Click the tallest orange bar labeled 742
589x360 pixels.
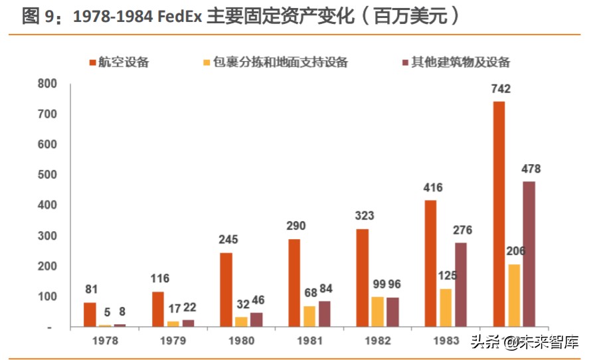(499, 214)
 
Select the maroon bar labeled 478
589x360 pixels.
(529, 254)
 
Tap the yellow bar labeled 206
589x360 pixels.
(514, 296)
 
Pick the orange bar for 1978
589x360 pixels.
(90, 315)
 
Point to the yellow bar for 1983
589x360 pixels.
(446, 308)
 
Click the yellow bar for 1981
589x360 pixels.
(309, 316)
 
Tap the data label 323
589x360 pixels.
(365, 216)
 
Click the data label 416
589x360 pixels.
(432, 187)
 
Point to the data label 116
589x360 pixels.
(160, 278)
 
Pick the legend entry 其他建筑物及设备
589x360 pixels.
(459, 62)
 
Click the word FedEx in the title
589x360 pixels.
(179, 16)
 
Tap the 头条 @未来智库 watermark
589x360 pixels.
(524, 343)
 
